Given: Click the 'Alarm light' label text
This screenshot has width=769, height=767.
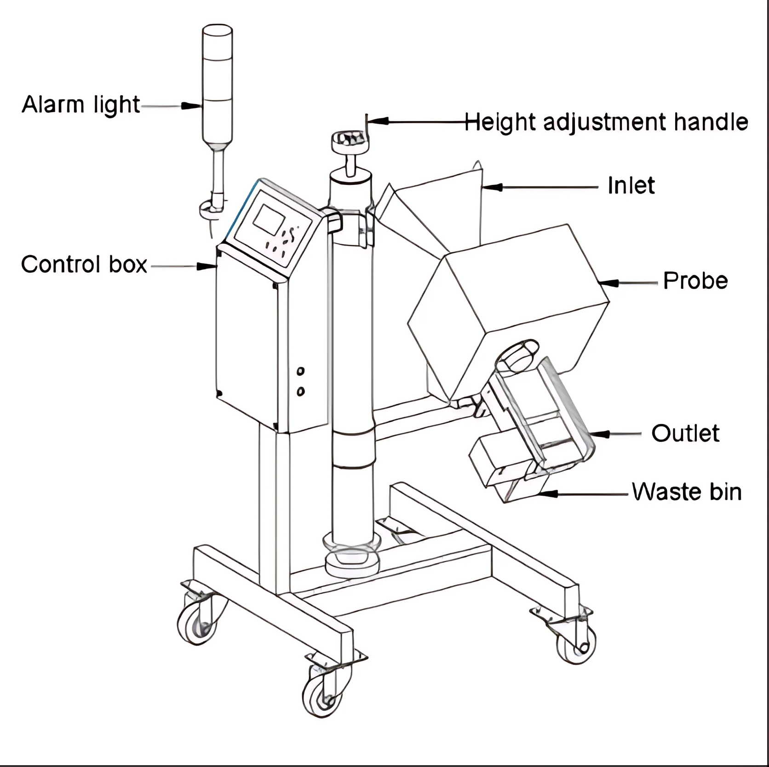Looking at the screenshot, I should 80,105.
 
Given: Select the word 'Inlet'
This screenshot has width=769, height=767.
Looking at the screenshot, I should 631,186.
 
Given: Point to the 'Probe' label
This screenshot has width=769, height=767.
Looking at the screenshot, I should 695,281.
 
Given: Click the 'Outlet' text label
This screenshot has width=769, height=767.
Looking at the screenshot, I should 685,434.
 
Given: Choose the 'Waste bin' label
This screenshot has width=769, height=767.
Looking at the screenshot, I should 686,492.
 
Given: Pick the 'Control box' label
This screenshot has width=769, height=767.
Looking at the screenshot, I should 84,265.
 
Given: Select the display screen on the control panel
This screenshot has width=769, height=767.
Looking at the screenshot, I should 270,220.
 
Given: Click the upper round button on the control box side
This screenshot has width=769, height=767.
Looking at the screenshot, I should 301,371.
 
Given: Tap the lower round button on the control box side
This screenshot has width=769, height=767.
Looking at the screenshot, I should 301,391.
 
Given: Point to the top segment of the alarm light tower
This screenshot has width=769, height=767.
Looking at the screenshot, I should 218,42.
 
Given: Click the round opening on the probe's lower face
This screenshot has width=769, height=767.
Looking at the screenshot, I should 519,354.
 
